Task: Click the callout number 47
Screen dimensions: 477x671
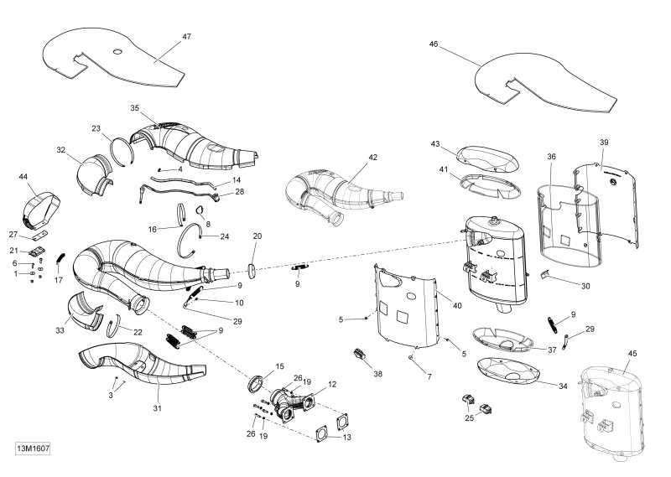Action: coord(186,37)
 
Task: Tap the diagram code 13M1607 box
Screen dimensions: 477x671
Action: coord(33,448)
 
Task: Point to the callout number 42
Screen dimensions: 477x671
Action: coord(372,157)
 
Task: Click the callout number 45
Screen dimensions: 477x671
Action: coord(632,352)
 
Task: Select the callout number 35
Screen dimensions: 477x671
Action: coord(134,108)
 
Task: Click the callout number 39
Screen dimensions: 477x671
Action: coord(603,143)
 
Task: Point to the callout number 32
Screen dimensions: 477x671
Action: coord(61,150)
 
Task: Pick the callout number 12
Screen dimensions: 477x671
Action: coord(332,385)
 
